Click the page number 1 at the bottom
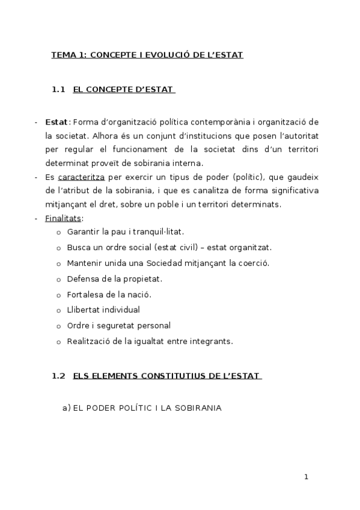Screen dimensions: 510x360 click(306, 477)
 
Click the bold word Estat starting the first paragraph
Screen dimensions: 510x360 click(56, 122)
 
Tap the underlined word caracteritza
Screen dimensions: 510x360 click(82, 177)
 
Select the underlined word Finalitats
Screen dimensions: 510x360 click(63, 218)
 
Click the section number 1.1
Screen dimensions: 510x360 click(58, 90)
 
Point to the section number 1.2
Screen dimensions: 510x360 click(58, 376)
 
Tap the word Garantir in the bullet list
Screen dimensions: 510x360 click(82, 232)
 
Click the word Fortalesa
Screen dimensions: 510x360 click(85, 294)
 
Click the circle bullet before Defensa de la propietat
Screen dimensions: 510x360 click(58, 280)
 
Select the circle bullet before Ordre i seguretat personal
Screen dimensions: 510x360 click(58, 327)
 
